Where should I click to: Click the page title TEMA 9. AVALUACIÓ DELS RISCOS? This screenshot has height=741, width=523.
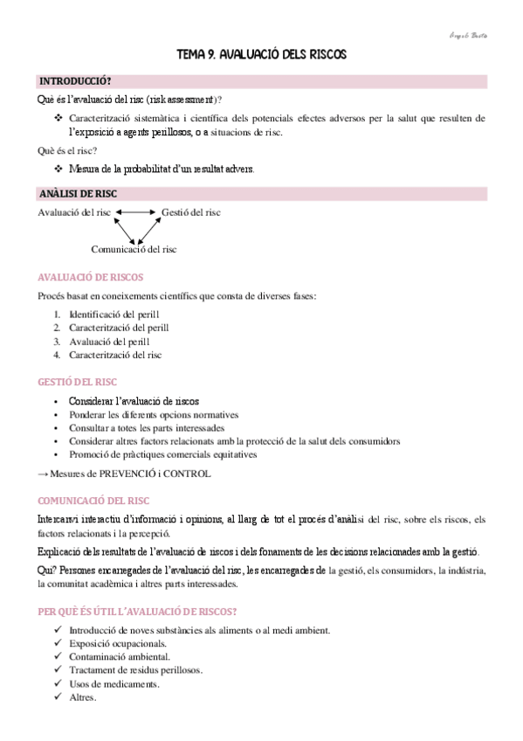click(261, 54)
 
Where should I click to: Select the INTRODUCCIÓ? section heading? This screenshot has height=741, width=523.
click(75, 81)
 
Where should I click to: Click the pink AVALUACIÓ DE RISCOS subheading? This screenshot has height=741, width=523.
click(84, 277)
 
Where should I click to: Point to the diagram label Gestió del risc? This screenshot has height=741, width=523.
click(191, 212)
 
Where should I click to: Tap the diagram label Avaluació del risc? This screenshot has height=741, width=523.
click(73, 212)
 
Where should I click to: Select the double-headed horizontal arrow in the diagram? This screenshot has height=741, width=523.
click(135, 212)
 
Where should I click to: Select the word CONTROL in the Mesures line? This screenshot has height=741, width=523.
click(189, 474)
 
